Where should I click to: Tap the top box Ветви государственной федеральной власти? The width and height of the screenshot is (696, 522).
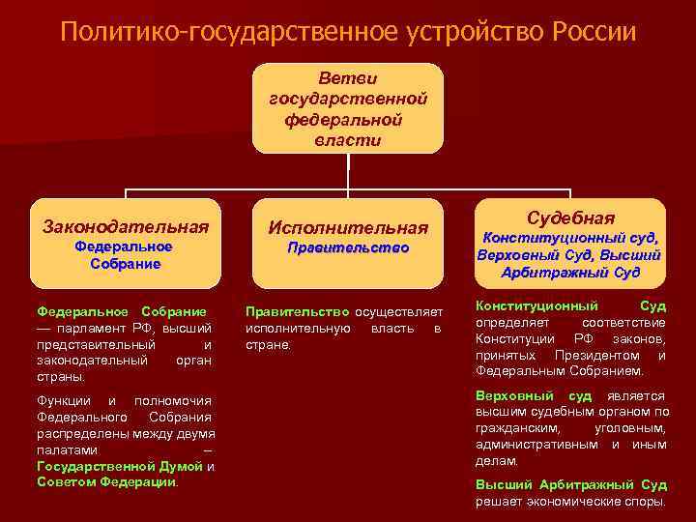[x=348, y=108]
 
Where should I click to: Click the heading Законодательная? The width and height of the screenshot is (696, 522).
[x=126, y=227]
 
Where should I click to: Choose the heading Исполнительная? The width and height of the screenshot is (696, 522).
[x=348, y=228]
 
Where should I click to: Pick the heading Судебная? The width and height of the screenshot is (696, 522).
[x=570, y=217]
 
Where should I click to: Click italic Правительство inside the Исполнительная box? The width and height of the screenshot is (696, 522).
[x=348, y=248]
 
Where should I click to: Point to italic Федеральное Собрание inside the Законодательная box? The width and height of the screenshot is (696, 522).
[x=124, y=256]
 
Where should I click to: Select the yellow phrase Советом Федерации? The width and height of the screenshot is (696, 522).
[x=106, y=481]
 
